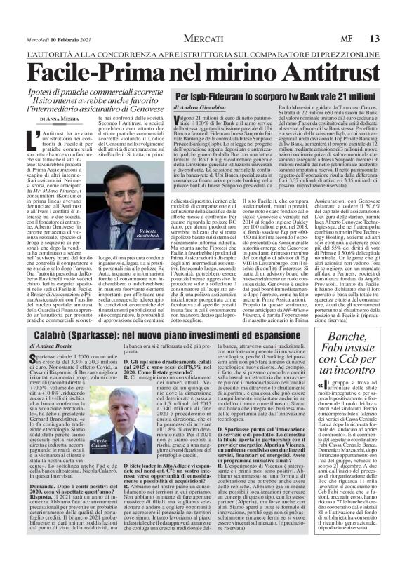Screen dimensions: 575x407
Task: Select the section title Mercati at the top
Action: [203, 18]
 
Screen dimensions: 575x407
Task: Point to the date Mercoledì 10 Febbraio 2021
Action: [48, 19]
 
